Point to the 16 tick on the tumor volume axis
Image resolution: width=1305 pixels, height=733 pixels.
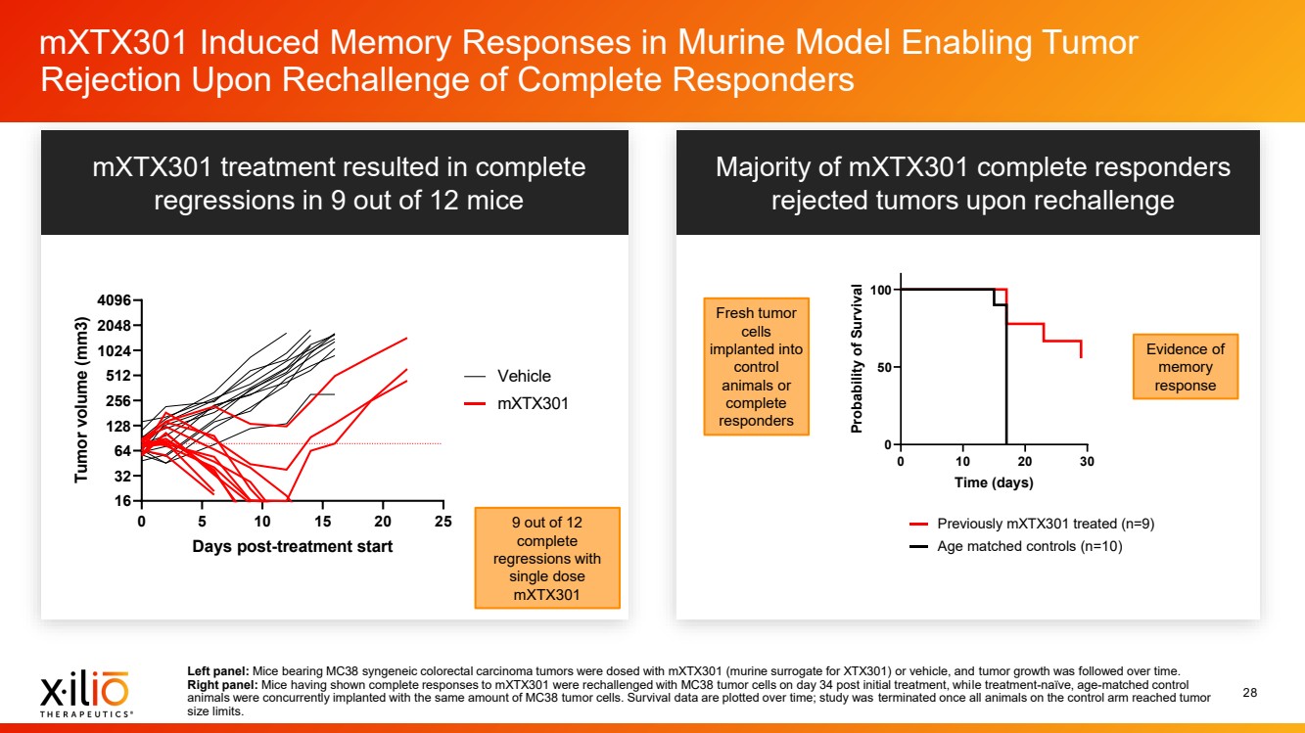[123, 501]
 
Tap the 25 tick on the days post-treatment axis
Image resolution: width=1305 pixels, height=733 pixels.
[443, 521]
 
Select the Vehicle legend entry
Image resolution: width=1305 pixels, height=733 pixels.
[524, 376]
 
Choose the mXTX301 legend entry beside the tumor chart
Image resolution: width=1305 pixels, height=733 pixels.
[532, 402]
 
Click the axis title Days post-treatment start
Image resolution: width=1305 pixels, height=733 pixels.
[292, 546]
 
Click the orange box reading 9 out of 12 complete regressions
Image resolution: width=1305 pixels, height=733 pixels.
[547, 558]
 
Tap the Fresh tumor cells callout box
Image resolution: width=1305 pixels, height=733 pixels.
[757, 367]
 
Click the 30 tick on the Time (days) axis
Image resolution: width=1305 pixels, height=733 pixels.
[1087, 462]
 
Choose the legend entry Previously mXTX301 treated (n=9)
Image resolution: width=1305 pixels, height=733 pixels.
[1045, 524]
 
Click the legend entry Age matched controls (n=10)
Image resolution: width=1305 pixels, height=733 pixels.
[1029, 546]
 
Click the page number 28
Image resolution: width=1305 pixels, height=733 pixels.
[1249, 693]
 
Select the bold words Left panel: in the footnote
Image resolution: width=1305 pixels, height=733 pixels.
[218, 670]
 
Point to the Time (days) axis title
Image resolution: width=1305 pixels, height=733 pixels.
[994, 482]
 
